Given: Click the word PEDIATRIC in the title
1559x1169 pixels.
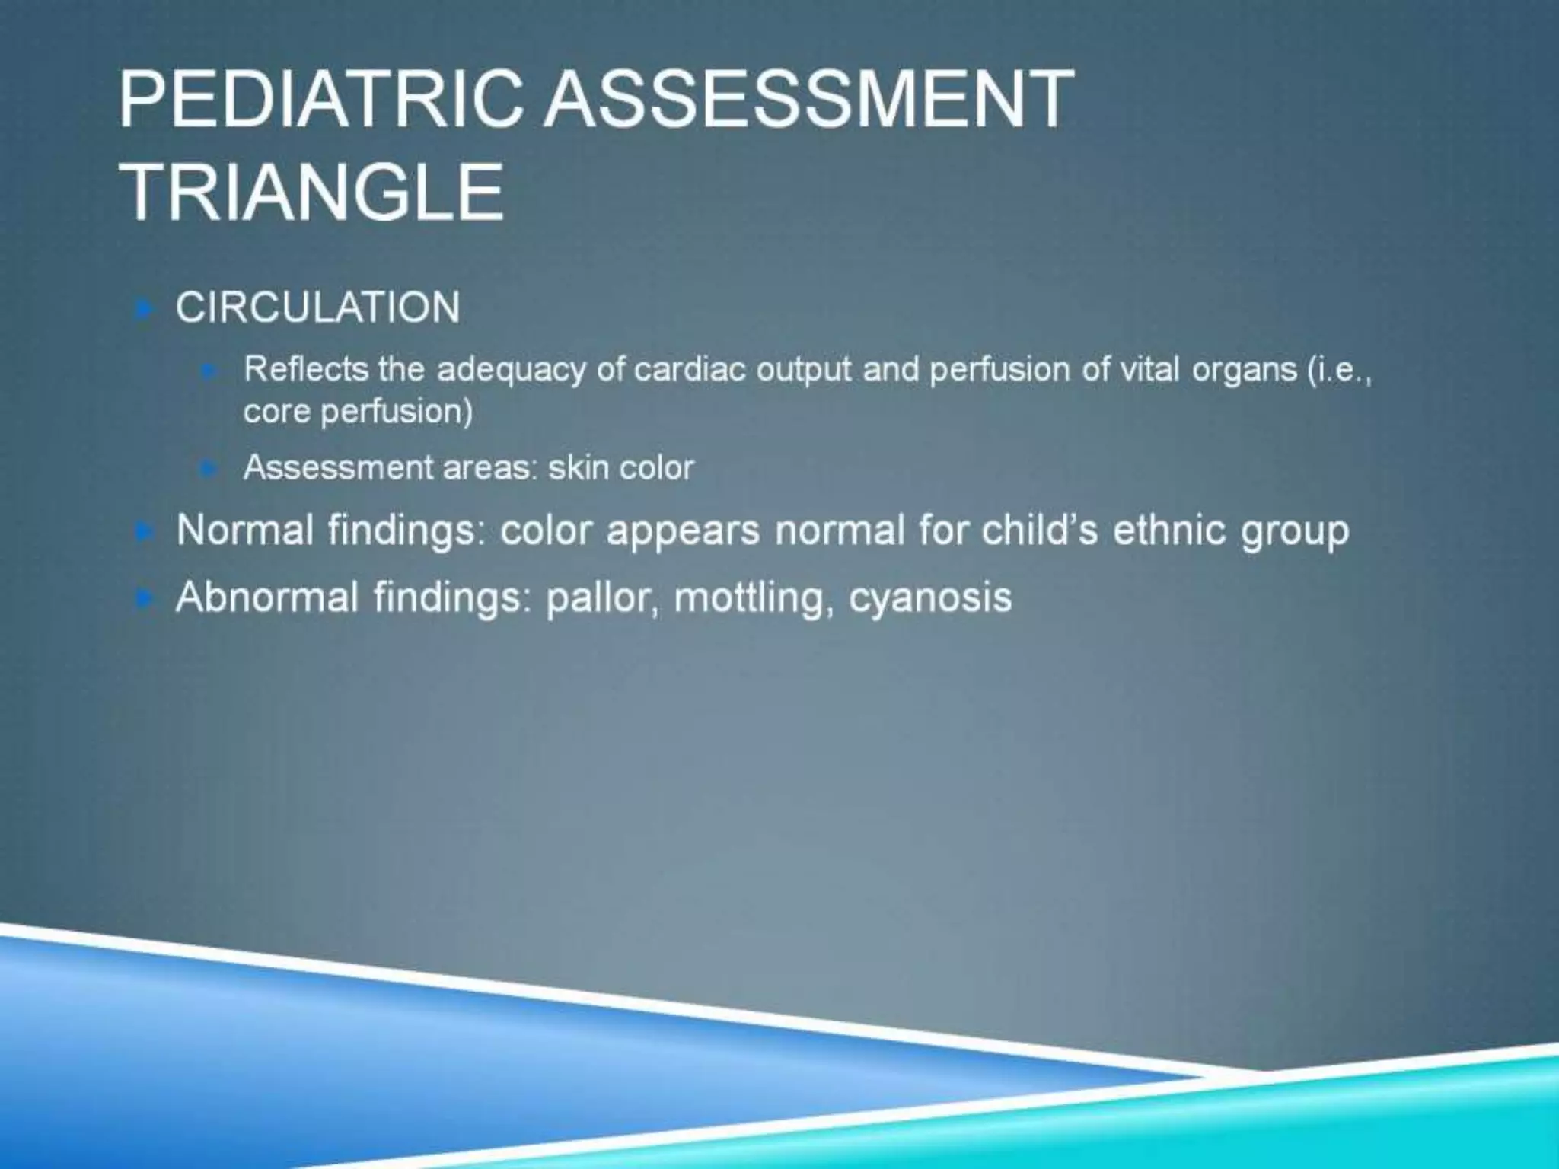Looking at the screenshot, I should click(320, 100).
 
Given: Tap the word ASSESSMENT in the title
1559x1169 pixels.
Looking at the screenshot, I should click(809, 100).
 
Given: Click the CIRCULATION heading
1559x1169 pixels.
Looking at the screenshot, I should click(317, 307).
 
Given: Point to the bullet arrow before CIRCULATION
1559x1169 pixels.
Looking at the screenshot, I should click(144, 309).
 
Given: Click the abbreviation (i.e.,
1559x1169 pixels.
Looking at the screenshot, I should click(1339, 370).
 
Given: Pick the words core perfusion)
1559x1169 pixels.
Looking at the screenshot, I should click(358, 412).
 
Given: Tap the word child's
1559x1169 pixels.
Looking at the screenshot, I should click(1040, 530).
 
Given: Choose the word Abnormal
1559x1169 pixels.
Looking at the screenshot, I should click(266, 597).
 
